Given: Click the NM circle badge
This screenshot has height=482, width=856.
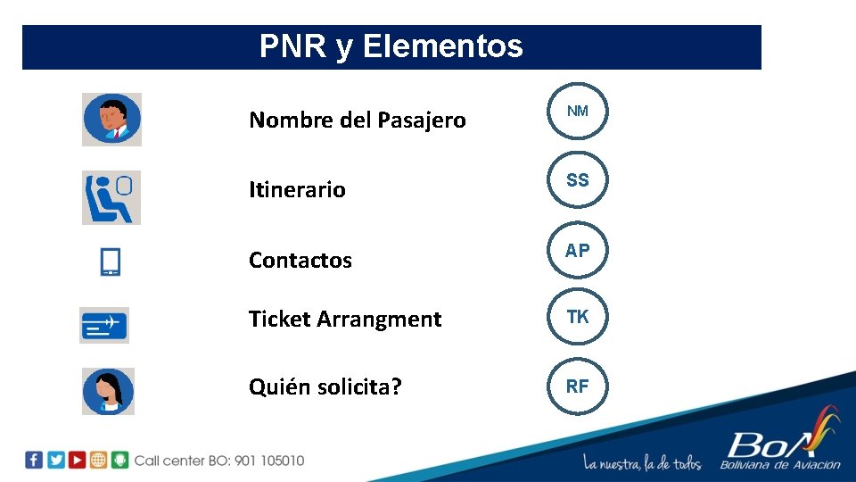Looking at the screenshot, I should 577,112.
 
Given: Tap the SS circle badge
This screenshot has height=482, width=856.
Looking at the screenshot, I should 577,180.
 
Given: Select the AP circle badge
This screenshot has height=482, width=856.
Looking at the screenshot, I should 577,251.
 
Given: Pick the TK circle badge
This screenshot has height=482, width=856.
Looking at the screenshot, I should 577,317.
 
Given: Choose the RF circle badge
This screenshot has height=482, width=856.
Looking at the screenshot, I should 577,386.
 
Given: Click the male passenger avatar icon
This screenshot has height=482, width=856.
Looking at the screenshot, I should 111,120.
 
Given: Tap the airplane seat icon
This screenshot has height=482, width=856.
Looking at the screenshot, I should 111,197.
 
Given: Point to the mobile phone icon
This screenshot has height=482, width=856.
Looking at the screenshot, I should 111,262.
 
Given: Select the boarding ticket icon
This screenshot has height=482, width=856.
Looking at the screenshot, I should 104,325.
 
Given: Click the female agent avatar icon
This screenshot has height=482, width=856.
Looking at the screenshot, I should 108,391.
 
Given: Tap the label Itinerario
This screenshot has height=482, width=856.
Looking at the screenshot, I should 297,189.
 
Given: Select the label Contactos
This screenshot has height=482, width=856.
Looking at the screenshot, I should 300,260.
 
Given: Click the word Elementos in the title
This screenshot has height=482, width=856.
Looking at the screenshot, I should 442,46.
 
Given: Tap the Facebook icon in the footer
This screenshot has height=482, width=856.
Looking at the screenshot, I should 34,460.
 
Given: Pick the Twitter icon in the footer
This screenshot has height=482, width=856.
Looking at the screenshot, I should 55,460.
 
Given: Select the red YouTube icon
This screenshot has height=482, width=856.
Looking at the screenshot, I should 77,460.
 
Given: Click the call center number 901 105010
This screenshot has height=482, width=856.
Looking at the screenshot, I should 268,461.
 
